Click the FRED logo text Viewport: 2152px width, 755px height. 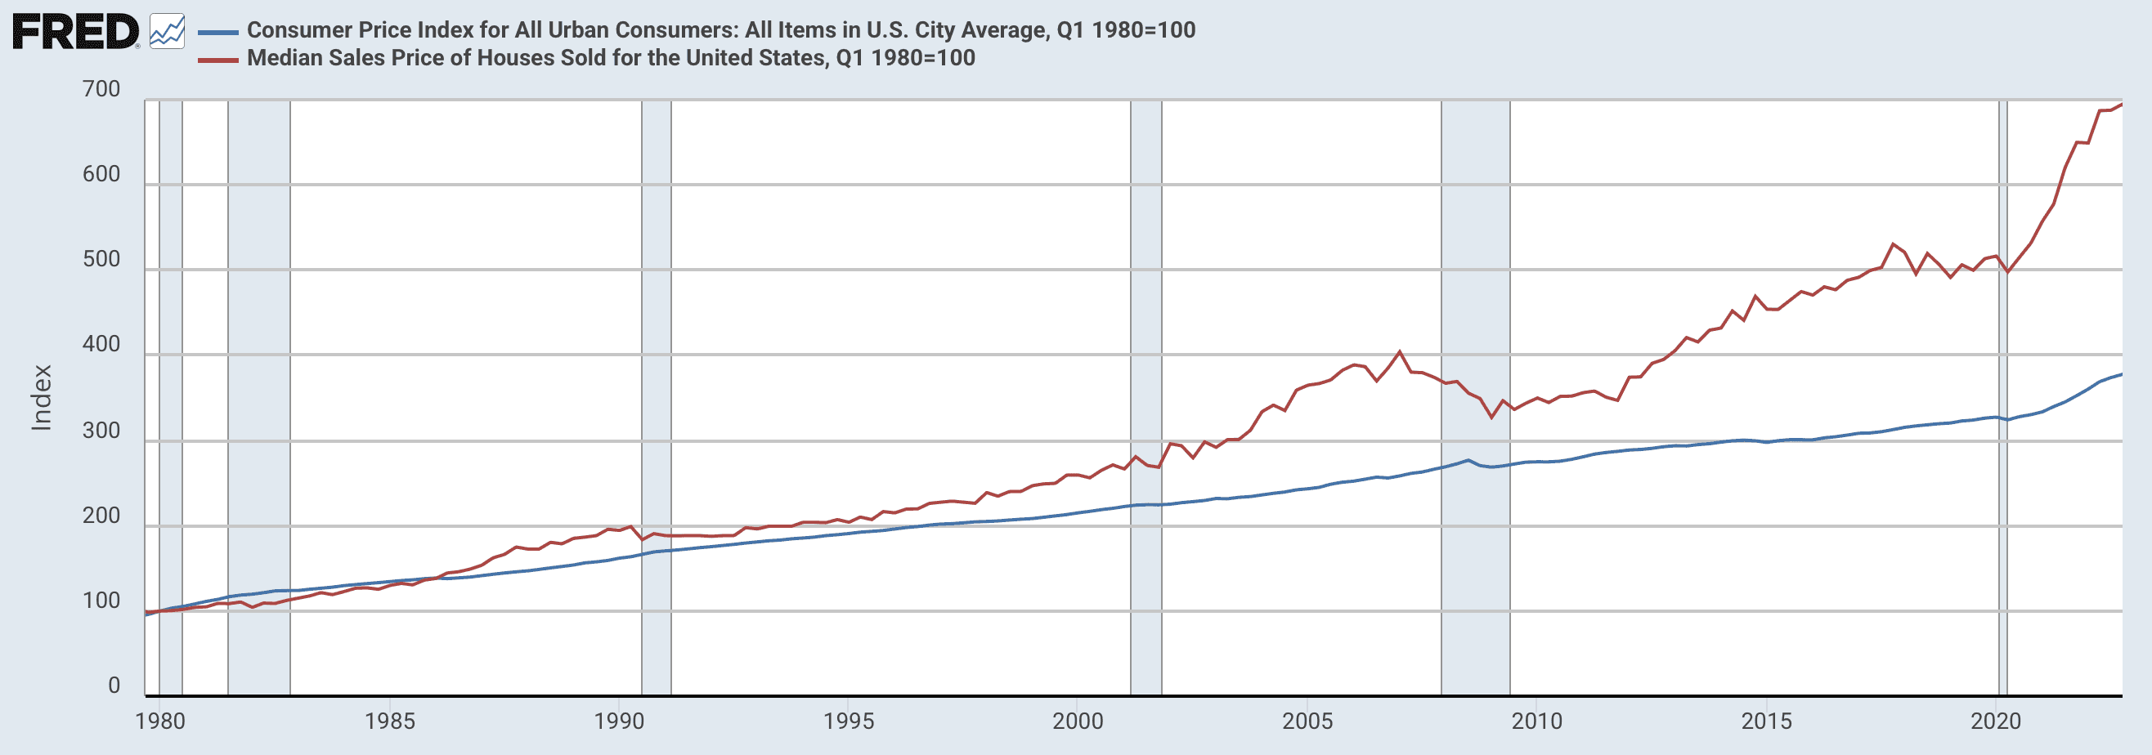[x=75, y=32]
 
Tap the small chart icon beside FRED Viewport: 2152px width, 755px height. [x=167, y=32]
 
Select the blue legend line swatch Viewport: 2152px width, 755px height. [x=218, y=32]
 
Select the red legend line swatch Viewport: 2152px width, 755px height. [x=218, y=60]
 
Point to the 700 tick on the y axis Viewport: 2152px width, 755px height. [x=101, y=89]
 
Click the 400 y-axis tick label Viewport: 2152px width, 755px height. [x=101, y=344]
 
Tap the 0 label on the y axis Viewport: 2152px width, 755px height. [x=114, y=686]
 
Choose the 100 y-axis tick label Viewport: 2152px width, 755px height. [x=101, y=601]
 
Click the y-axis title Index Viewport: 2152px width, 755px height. [x=41, y=398]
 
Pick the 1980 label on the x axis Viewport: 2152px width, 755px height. [x=159, y=721]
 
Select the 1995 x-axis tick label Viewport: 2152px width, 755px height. [x=848, y=721]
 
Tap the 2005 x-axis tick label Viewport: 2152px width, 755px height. [x=1307, y=721]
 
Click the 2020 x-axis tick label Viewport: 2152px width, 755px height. [x=1995, y=721]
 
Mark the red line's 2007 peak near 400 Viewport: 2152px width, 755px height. [x=1399, y=351]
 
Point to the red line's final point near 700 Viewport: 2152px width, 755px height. [x=2121, y=105]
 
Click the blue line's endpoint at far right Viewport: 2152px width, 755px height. [x=2121, y=374]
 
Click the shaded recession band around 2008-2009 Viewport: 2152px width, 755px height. [x=1475, y=543]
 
